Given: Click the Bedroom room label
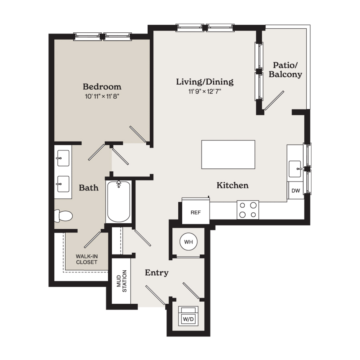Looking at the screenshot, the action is click(x=102, y=86).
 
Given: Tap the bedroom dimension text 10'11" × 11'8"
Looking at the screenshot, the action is click(x=102, y=96).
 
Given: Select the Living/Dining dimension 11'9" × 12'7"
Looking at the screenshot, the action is click(x=205, y=91).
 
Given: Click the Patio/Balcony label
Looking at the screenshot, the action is click(x=285, y=70).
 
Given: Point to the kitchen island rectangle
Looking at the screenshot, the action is click(x=228, y=154).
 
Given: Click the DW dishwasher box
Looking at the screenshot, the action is click(x=296, y=190).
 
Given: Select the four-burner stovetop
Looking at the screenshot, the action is click(x=248, y=210).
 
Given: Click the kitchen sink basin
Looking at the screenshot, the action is click(x=295, y=169).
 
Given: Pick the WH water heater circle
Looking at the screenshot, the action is click(x=188, y=242).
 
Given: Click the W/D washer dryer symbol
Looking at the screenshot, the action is click(x=188, y=316).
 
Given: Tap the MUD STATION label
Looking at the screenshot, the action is click(x=122, y=281).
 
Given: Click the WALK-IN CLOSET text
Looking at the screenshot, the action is click(x=87, y=259).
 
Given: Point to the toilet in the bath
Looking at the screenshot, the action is click(x=63, y=216).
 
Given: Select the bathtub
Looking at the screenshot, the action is click(x=119, y=202).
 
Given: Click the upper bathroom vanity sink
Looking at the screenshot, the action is click(x=63, y=158).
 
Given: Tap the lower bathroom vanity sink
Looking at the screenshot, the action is click(x=63, y=184).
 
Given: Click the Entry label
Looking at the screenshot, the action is click(x=157, y=273).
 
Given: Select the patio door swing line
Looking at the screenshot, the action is click(x=274, y=100).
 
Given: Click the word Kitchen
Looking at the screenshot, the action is click(x=232, y=185).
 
